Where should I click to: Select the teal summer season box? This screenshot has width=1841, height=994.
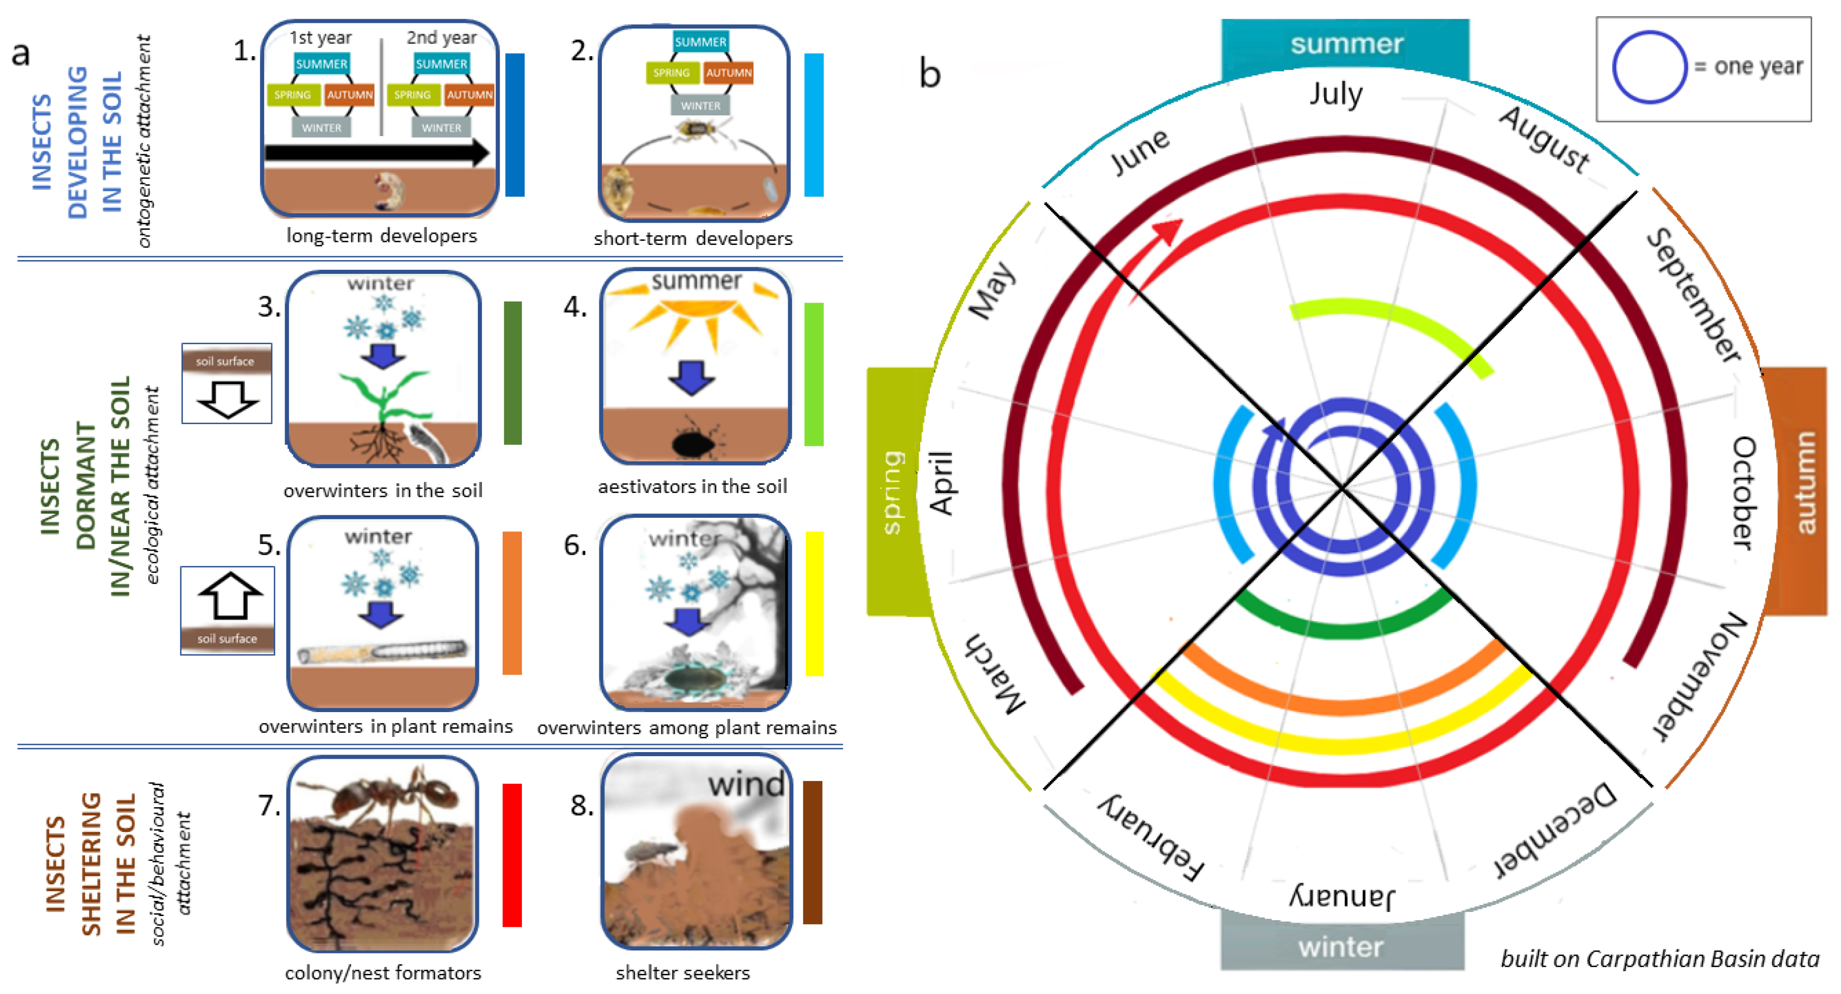1345,45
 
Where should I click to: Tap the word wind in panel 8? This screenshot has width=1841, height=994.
746,784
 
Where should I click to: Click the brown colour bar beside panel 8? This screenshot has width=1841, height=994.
812,852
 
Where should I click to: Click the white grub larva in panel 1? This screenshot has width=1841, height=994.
389,191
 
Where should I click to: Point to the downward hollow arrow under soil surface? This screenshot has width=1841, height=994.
228,399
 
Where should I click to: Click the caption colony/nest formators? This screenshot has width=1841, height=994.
383,973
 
